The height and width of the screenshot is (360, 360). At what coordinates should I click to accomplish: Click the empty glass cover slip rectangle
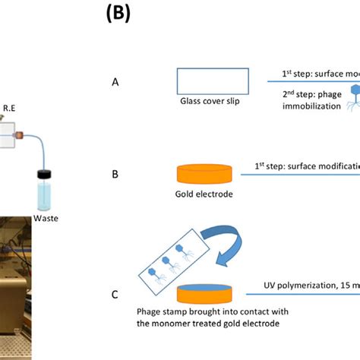pyautogui.click(x=212, y=81)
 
